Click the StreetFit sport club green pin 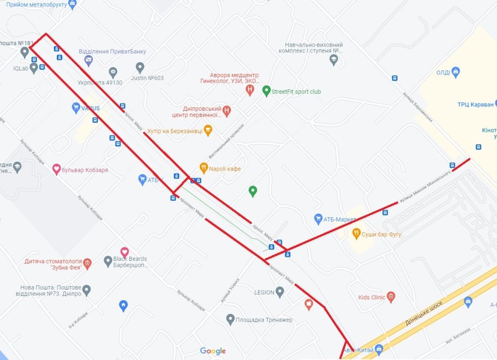coord(266,91)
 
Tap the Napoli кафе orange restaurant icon coord(204,168)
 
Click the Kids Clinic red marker coord(391,296)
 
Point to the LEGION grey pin coord(280,291)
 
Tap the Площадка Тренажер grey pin coord(231,319)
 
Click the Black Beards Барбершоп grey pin coord(108,261)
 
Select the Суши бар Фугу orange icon coord(356,233)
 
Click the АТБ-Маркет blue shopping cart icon coord(318,219)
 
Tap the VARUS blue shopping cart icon coord(76,107)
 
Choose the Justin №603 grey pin coord(140,68)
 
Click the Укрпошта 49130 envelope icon coord(113,73)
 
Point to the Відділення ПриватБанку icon coord(88,60)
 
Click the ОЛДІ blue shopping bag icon coord(455,72)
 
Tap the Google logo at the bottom coord(213,351)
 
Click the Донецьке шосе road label coord(423,313)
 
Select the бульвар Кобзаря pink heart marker coord(57,170)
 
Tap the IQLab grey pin coord(33,68)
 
